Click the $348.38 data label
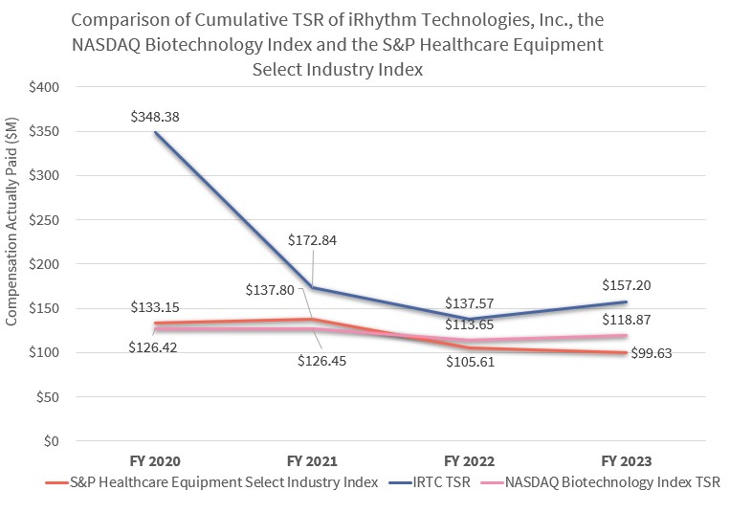pyautogui.click(x=156, y=117)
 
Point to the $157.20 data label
pyautogui.click(x=628, y=285)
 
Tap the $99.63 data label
pyautogui.click(x=651, y=353)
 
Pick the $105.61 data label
pyautogui.click(x=470, y=363)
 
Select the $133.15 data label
pyautogui.click(x=156, y=307)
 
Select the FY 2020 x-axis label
pyautogui.click(x=155, y=461)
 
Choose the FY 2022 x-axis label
pyautogui.click(x=470, y=461)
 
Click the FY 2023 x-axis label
pyautogui.click(x=628, y=461)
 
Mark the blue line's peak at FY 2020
pyautogui.click(x=156, y=132)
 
